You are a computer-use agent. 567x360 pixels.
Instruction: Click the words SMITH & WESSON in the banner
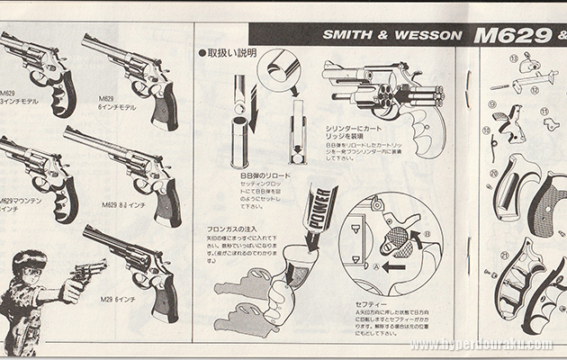392,38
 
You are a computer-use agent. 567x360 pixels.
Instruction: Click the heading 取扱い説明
231,52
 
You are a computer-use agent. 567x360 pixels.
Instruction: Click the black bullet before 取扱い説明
202,53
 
